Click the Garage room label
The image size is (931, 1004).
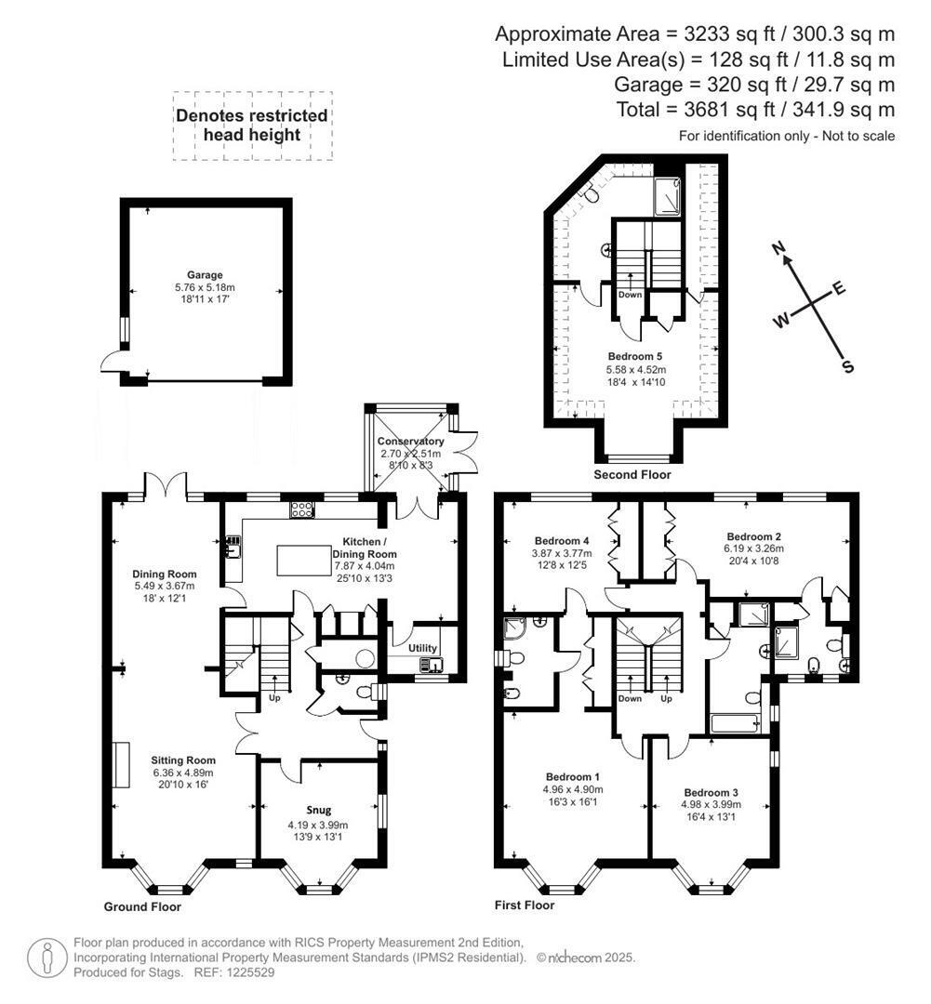205,275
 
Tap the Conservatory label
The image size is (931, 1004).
410,442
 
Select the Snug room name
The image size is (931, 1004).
318,810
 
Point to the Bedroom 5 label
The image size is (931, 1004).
635,356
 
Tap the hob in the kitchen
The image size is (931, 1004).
301,509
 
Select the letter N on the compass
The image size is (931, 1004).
778,248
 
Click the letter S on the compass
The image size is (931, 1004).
847,366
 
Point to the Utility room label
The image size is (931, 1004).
422,648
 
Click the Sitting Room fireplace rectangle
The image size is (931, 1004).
121,765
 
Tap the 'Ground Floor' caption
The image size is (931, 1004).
142,906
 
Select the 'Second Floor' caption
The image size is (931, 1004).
632,474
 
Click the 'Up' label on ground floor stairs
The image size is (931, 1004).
274,697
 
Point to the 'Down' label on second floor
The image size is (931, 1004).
630,295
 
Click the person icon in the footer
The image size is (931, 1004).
47,958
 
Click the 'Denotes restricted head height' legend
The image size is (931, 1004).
252,125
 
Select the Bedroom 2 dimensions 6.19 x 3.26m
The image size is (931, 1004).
754,548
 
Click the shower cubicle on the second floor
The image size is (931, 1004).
668,196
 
